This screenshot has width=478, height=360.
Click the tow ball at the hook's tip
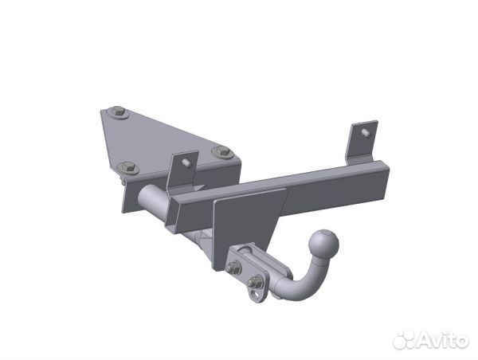323,245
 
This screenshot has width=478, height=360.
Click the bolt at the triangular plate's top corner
118,112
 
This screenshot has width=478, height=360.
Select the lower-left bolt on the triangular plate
127,168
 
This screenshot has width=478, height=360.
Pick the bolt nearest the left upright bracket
222,152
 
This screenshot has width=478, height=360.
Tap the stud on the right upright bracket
366,133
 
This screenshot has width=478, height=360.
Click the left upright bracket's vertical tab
182,172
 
